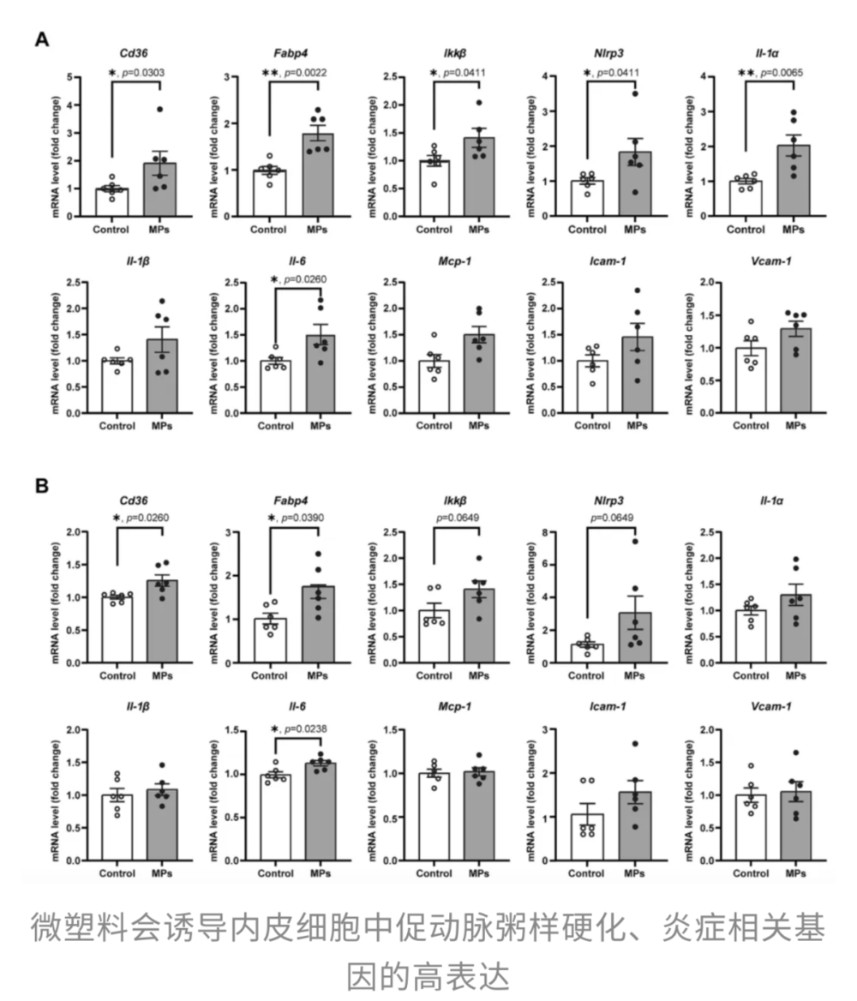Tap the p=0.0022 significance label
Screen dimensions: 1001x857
(x=305, y=73)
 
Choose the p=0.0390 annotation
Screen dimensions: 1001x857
(x=305, y=518)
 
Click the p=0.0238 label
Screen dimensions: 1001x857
(x=305, y=730)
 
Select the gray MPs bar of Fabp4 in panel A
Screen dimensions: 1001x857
(x=319, y=175)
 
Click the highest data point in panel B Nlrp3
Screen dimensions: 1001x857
(x=634, y=541)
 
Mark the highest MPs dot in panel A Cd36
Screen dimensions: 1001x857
(x=159, y=110)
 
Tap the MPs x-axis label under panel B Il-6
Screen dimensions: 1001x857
(x=319, y=872)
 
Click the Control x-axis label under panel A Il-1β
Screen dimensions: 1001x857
(x=117, y=426)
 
